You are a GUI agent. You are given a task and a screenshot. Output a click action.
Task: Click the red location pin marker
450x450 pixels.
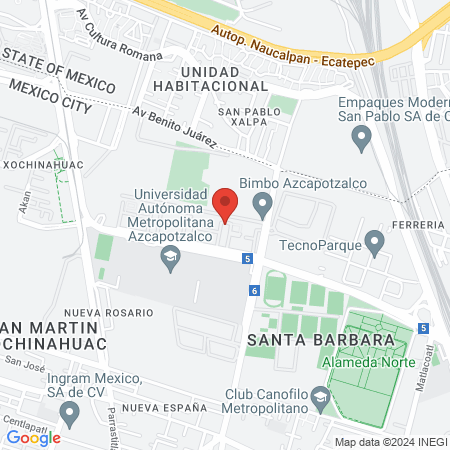pyautogui.click(x=225, y=205)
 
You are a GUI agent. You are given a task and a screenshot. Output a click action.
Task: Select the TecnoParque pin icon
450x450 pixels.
pyautogui.click(x=375, y=241)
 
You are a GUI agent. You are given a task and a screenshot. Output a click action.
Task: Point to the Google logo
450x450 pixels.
pyautogui.click(x=34, y=437)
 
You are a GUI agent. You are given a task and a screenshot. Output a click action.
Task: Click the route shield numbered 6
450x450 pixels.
pyautogui.click(x=255, y=290)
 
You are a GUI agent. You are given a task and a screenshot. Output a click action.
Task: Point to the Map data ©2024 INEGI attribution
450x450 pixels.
pyautogui.click(x=391, y=442)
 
